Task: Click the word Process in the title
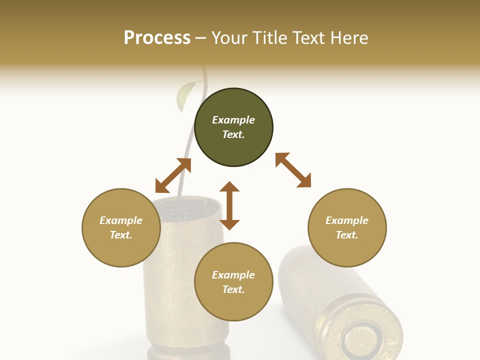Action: tap(157, 38)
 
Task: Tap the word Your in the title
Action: tap(230, 38)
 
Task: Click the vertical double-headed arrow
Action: tap(229, 205)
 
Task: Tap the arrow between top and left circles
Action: tap(173, 175)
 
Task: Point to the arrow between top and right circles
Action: tap(293, 170)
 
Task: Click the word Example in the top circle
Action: tap(233, 120)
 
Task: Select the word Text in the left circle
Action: tap(120, 235)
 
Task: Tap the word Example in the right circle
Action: tap(347, 220)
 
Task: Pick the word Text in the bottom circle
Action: tap(233, 289)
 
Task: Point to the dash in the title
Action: tap(201, 38)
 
